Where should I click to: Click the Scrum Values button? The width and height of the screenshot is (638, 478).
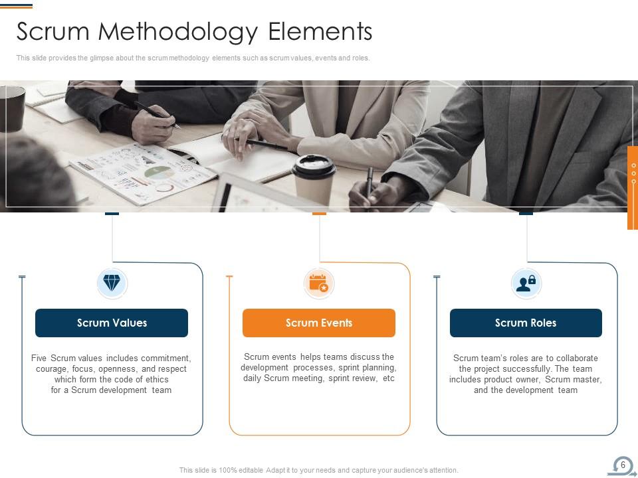pyautogui.click(x=112, y=323)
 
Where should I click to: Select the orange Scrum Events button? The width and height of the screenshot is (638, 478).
pyautogui.click(x=319, y=323)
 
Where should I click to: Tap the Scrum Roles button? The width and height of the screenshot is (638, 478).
pyautogui.click(x=526, y=323)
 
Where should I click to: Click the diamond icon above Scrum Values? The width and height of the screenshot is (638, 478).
pyautogui.click(x=112, y=283)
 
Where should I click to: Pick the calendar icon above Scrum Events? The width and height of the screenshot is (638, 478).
pyautogui.click(x=319, y=283)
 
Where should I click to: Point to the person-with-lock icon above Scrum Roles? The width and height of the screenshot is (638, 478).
pyautogui.click(x=526, y=283)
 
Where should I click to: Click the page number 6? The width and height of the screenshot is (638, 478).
pyautogui.click(x=623, y=465)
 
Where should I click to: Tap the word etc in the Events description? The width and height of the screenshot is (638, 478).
pyautogui.click(x=388, y=378)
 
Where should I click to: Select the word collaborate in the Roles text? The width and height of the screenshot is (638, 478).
pyautogui.click(x=576, y=358)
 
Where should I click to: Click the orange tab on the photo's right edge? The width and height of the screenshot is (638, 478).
pyautogui.click(x=633, y=188)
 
